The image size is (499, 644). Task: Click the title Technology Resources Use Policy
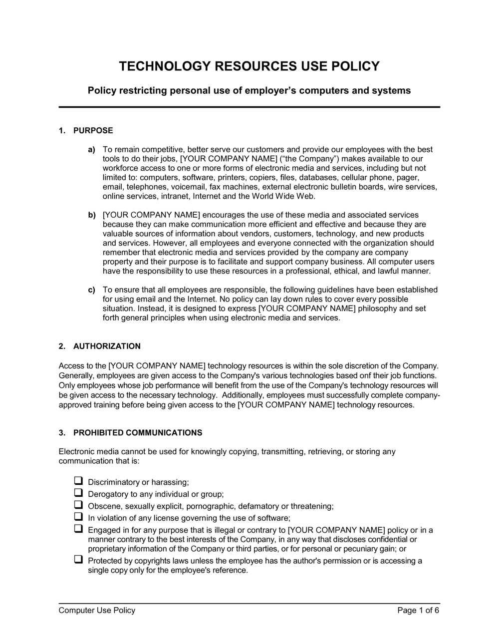(249, 66)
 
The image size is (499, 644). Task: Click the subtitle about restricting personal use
(249, 91)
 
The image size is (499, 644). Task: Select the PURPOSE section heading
(93, 131)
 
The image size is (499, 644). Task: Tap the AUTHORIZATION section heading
(107, 346)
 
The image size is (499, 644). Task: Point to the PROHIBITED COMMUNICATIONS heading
(138, 433)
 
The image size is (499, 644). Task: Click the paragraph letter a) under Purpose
(91, 150)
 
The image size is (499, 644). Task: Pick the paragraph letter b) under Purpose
(91, 215)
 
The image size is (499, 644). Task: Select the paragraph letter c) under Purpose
(91, 290)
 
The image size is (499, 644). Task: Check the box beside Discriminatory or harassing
(78, 481)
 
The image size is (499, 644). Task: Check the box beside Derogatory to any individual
(78, 493)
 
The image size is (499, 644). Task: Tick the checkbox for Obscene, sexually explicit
(78, 505)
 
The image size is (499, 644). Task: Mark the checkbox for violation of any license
(78, 517)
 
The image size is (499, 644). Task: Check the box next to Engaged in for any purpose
(78, 529)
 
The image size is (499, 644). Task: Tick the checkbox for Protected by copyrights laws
(78, 560)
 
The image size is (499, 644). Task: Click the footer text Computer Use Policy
(97, 611)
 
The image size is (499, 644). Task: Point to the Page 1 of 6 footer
(418, 611)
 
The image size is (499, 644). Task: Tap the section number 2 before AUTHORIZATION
(61, 346)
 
